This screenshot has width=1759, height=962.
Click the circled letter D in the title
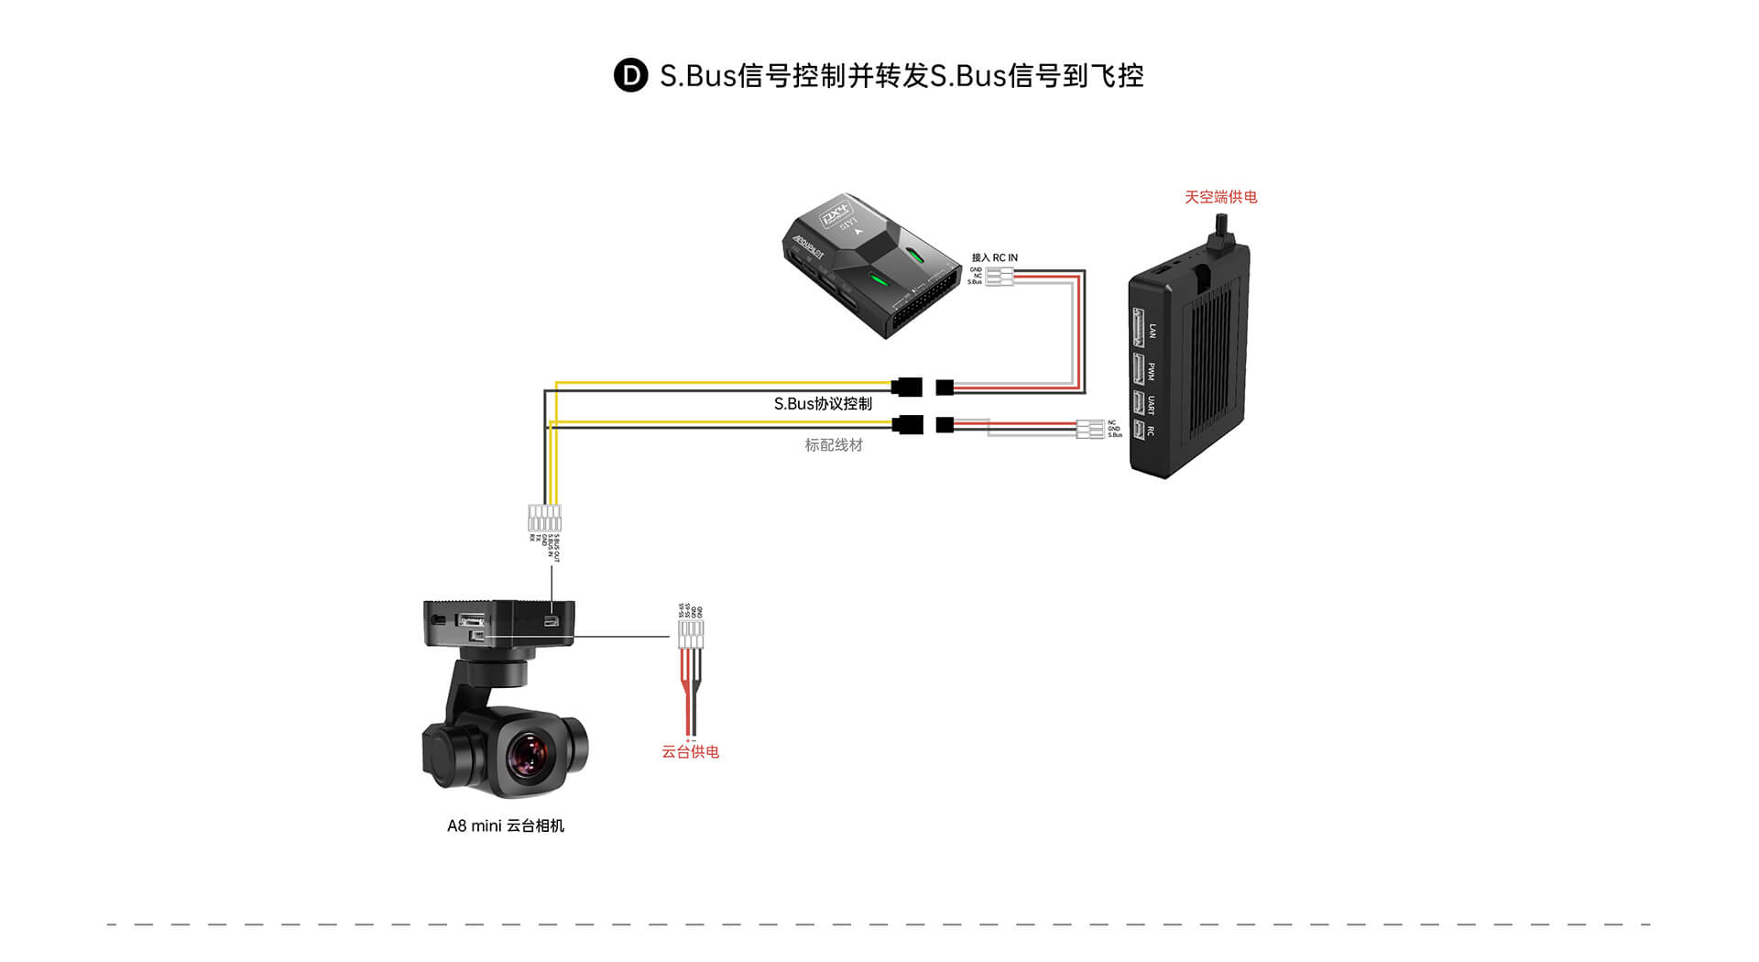(x=630, y=75)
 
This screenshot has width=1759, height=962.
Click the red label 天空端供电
(x=1220, y=197)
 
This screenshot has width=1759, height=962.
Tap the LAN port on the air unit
(x=1139, y=328)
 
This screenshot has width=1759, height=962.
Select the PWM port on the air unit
(x=1139, y=369)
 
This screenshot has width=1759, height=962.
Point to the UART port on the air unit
(x=1139, y=402)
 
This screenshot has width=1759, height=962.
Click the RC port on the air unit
(x=1139, y=430)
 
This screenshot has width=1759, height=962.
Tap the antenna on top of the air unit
(x=1222, y=234)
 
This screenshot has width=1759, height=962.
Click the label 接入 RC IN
(x=994, y=257)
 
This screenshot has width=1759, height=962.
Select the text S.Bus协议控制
(x=823, y=404)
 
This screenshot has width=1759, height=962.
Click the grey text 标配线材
(x=834, y=445)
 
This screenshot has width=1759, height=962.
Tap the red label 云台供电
(x=690, y=752)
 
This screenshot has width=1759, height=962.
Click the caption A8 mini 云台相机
(x=505, y=825)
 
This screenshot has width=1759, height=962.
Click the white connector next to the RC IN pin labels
(x=1000, y=276)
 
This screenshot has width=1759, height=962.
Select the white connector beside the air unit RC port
(x=1090, y=429)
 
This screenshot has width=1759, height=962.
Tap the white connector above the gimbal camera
(x=544, y=518)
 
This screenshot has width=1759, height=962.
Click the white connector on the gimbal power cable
(x=691, y=633)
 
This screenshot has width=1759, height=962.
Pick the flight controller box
(x=870, y=266)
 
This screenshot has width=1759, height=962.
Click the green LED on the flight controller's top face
(x=877, y=279)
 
